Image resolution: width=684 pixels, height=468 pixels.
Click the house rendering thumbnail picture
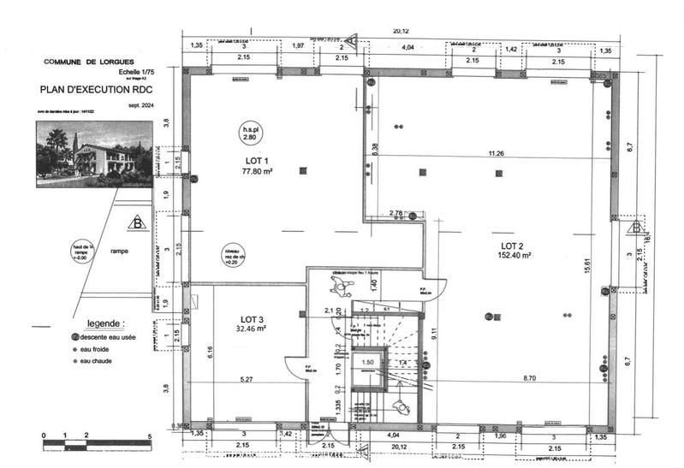click(x=94, y=153)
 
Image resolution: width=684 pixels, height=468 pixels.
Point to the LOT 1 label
click(x=257, y=161)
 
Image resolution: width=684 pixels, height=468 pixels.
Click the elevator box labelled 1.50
click(x=367, y=363)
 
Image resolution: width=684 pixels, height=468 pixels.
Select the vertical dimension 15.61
click(x=586, y=265)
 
